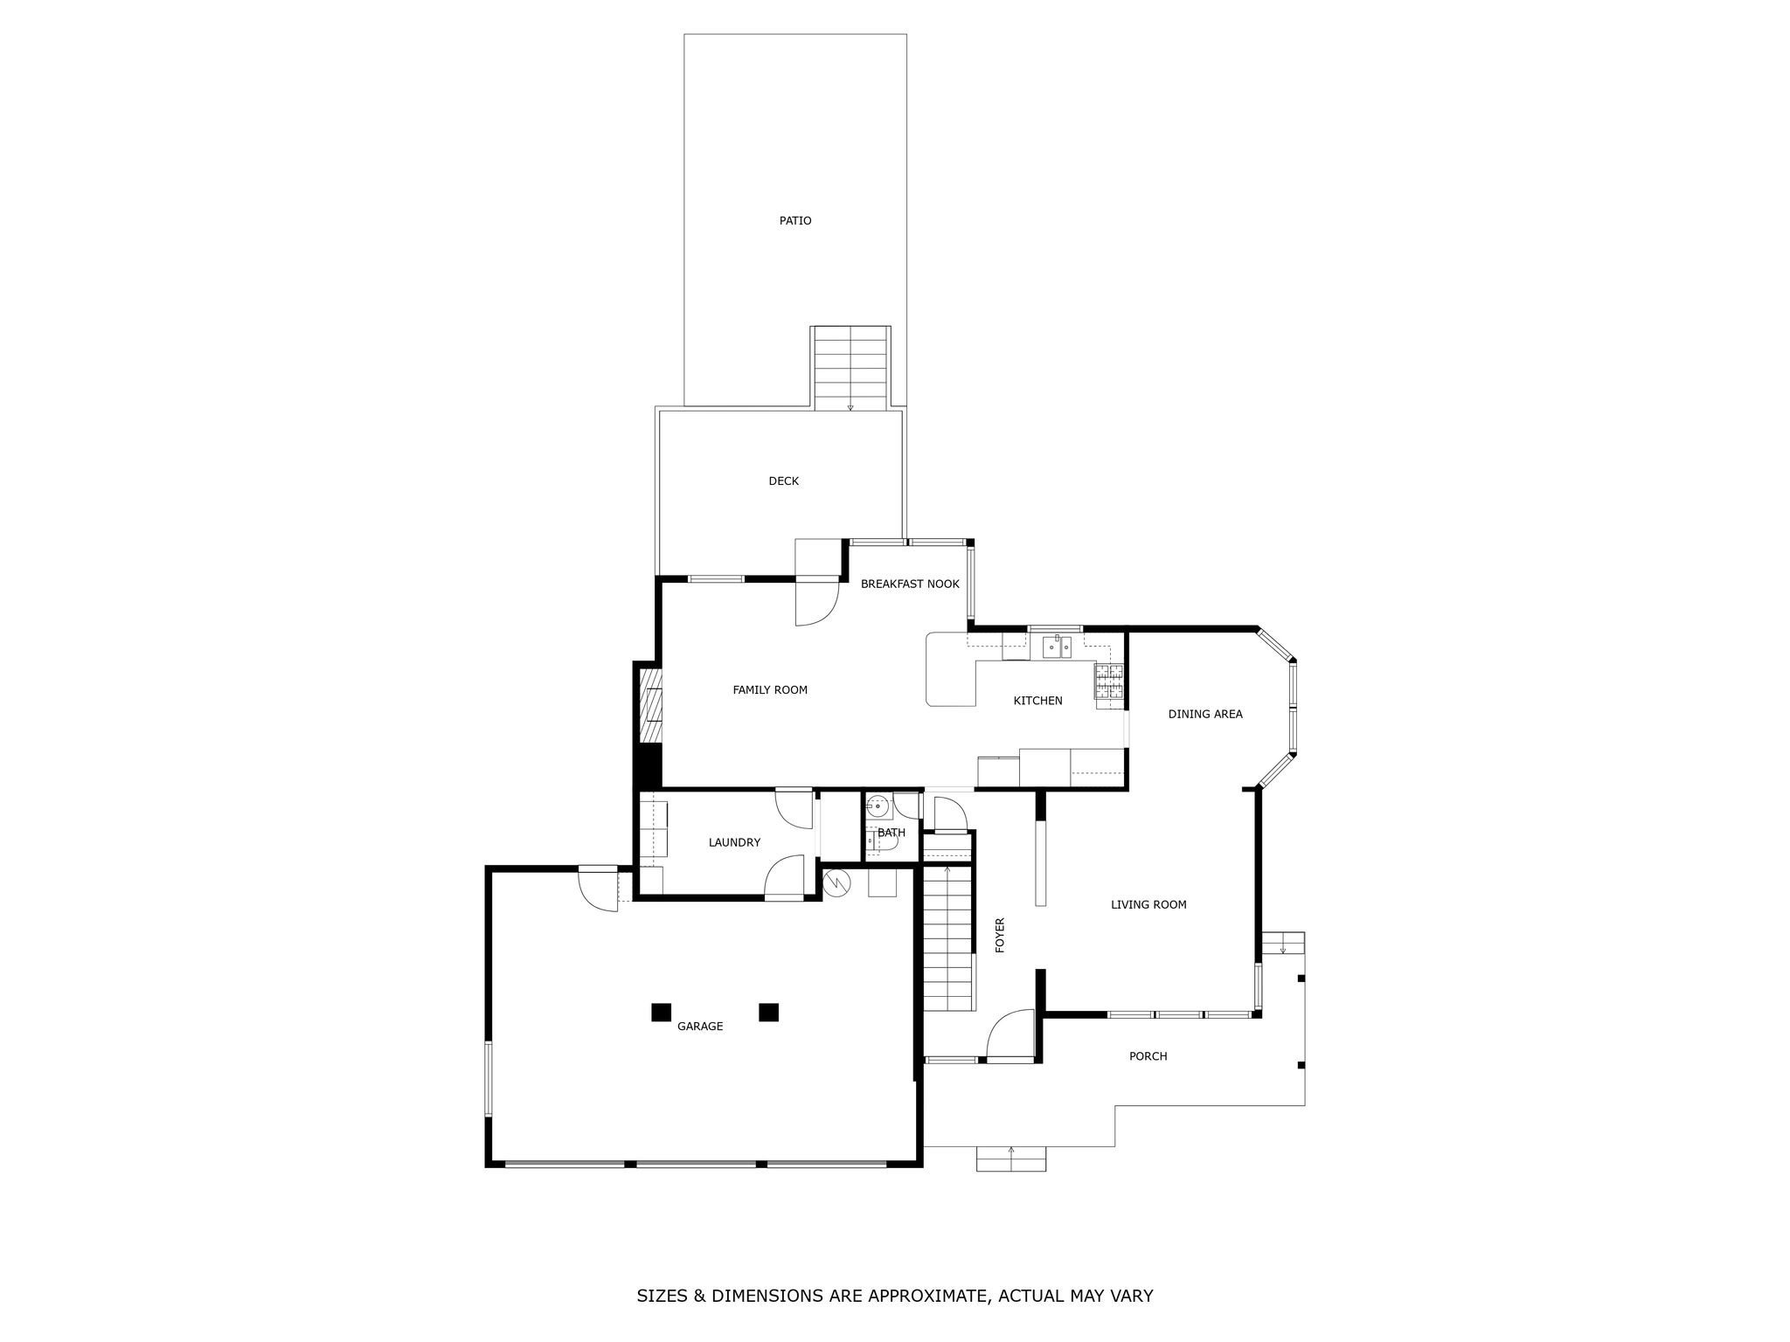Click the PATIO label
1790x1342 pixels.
pos(795,221)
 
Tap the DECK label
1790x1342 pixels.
pos(783,481)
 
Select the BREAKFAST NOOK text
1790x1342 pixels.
pos(910,585)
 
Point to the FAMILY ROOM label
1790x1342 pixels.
pos(770,690)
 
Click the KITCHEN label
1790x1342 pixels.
pos(1037,701)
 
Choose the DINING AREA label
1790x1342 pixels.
pos(1205,715)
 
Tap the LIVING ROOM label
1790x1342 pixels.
pos(1148,905)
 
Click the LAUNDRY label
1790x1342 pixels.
pos(734,843)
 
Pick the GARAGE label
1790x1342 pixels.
pos(700,1027)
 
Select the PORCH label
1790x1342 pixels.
pos(1148,1056)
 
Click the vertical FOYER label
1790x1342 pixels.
pos(1001,935)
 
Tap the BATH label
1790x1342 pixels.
pos(892,834)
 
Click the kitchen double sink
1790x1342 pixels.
pos(1057,647)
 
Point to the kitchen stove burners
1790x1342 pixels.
pos(1109,682)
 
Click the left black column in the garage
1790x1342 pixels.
pos(661,1012)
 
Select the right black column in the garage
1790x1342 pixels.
pos(768,1012)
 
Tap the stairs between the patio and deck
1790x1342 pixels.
pos(851,368)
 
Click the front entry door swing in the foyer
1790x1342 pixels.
pos(1010,1034)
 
